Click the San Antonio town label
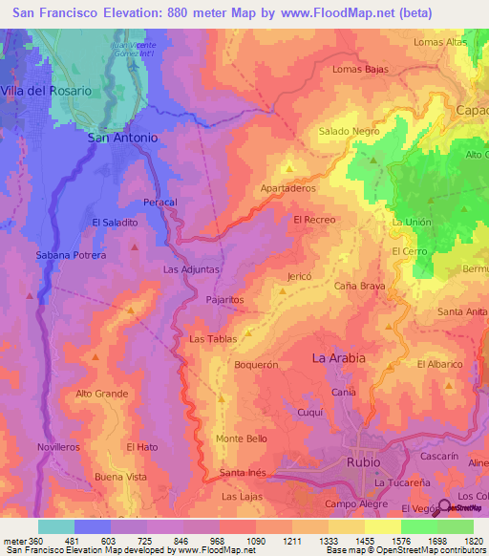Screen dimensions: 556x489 122,138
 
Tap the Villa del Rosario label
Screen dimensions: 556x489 47,90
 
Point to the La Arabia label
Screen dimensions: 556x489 339,358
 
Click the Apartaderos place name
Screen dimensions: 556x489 288,188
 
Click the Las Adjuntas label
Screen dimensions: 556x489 191,269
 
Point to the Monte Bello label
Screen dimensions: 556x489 242,438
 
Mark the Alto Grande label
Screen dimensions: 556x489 101,394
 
